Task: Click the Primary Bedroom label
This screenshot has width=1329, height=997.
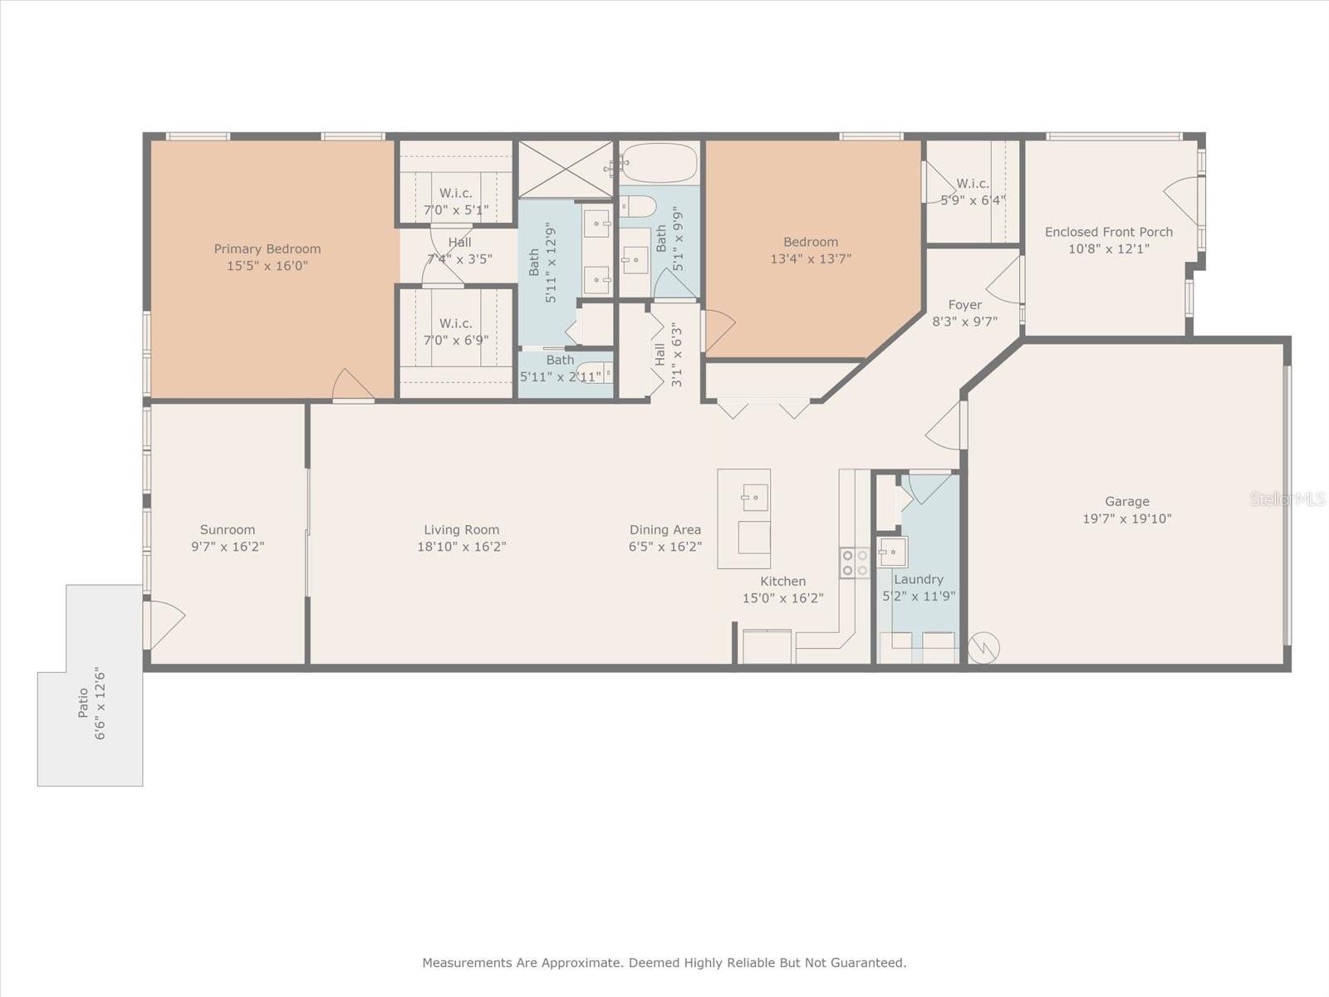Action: (267, 248)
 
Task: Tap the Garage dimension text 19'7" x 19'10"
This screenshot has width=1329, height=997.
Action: (1126, 518)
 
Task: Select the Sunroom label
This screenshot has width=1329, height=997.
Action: (227, 529)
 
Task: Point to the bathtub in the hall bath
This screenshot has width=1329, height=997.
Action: (659, 162)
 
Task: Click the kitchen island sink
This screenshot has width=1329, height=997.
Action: (755, 498)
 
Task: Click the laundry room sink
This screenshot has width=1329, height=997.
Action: (893, 551)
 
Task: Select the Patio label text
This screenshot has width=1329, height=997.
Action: (82, 703)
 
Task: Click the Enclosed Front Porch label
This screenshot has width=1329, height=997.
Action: (1108, 232)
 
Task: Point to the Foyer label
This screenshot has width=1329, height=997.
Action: (964, 305)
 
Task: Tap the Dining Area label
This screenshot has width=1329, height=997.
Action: (664, 529)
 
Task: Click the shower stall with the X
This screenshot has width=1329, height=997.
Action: (565, 169)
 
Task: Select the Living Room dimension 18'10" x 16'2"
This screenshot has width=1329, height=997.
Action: (461, 547)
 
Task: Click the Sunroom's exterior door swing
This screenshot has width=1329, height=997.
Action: (164, 625)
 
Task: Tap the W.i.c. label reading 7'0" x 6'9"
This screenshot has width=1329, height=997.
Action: (455, 340)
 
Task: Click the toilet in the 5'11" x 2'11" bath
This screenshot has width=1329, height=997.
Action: (595, 373)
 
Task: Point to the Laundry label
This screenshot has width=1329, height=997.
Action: (918, 579)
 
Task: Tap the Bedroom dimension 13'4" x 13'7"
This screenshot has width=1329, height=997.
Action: (811, 258)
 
